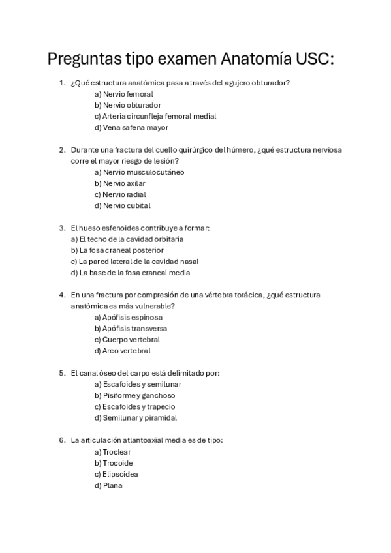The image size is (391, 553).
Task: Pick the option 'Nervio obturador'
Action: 128,105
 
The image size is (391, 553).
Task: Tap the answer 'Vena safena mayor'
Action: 131,127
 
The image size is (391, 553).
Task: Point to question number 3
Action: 62,228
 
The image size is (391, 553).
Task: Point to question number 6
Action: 62,440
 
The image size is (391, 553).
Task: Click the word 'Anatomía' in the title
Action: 251,59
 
